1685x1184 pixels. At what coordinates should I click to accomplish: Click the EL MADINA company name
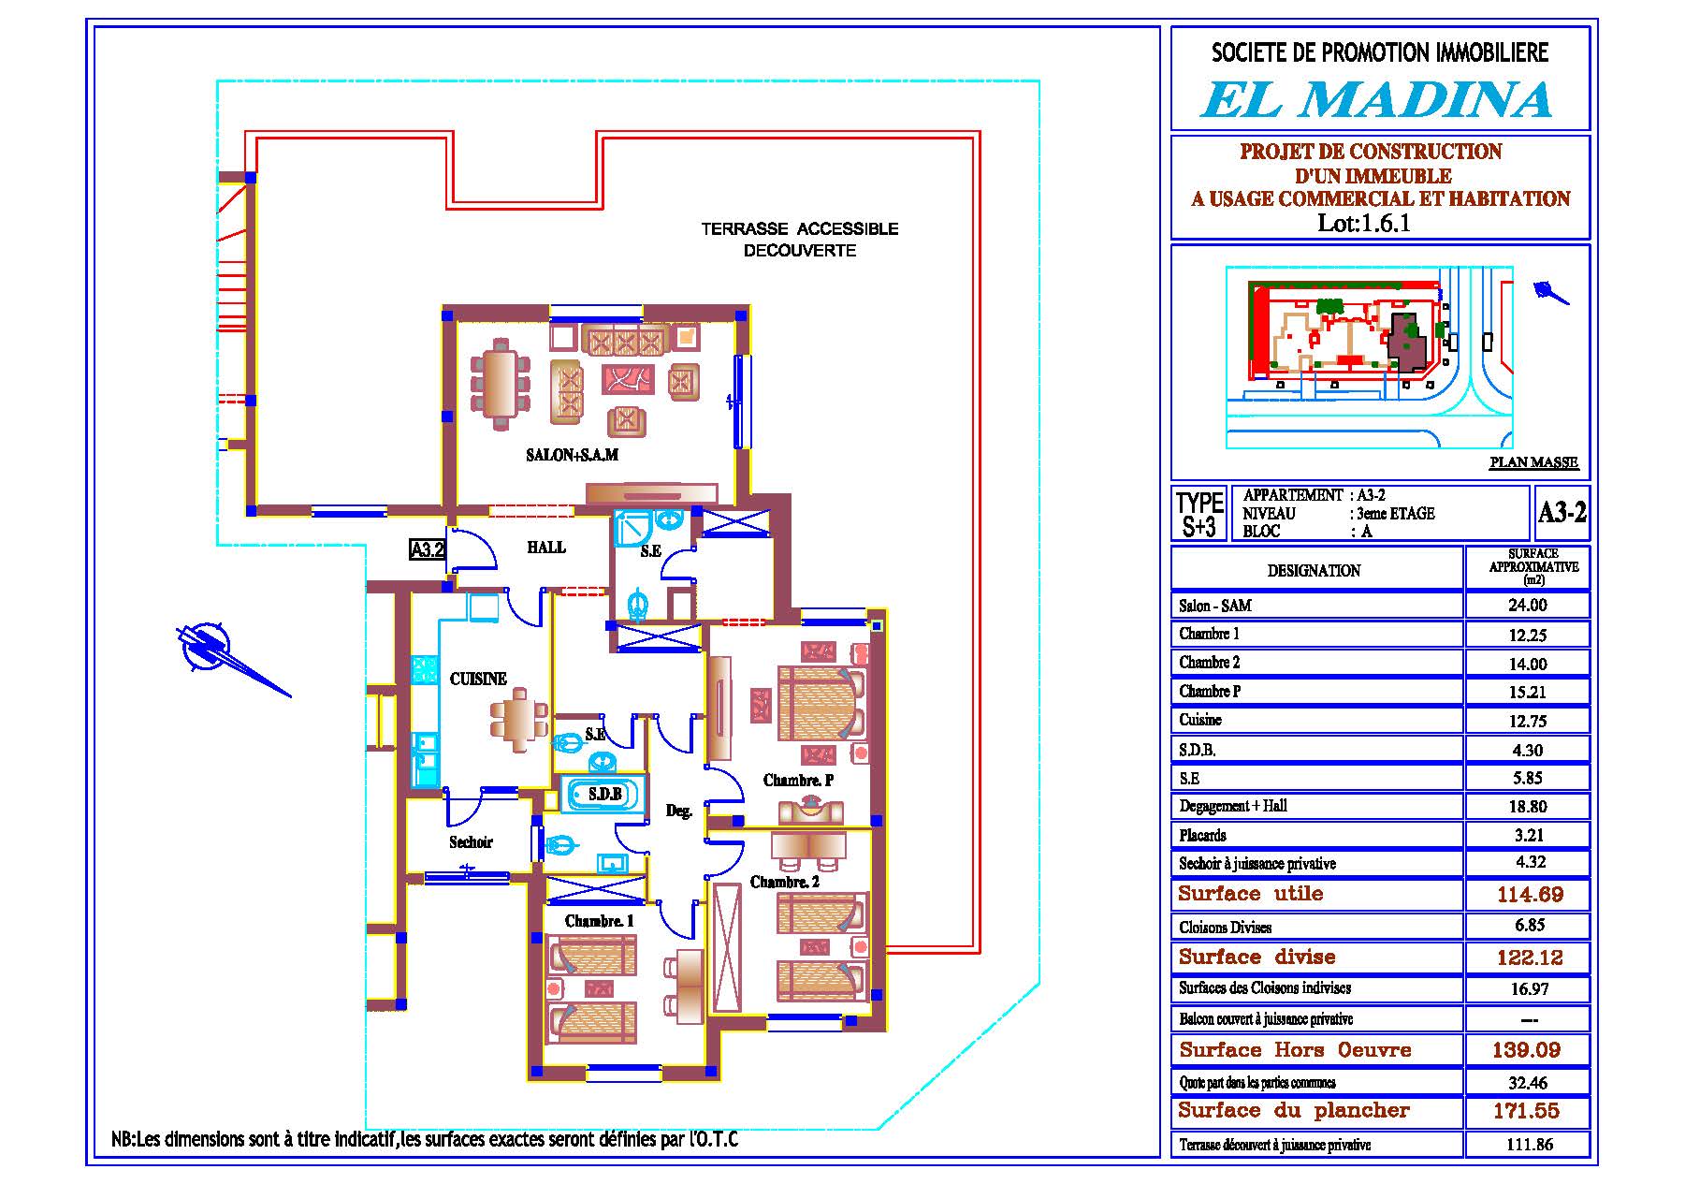point(1376,99)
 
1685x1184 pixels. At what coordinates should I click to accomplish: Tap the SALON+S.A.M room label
point(572,456)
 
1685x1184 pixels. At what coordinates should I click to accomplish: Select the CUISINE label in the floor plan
point(478,680)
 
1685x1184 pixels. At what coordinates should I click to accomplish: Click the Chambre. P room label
point(798,781)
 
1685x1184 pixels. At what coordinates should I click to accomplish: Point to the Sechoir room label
point(471,842)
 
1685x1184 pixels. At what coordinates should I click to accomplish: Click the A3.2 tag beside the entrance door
point(428,550)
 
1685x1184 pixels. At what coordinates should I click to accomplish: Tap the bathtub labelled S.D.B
point(603,795)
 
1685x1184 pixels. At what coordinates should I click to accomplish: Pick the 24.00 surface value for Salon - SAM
point(1527,606)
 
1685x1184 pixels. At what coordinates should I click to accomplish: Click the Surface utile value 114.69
point(1530,895)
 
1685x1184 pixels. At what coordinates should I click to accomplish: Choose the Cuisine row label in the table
point(1200,720)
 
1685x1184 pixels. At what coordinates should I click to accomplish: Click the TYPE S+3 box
point(1199,514)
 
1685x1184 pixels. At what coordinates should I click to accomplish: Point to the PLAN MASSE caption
point(1533,462)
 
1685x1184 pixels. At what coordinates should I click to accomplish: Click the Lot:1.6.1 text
point(1363,223)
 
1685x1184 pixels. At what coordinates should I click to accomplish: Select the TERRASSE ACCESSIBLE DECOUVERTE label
point(800,240)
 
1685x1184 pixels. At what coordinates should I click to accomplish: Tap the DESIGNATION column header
point(1314,570)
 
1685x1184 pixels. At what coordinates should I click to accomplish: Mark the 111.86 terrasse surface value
point(1530,1145)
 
